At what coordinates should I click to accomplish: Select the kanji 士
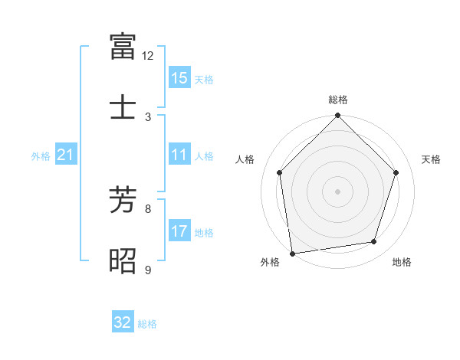(123, 107)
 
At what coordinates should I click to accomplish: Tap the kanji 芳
(123, 200)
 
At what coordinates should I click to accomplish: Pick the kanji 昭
(123, 260)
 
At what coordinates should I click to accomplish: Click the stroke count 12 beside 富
(148, 56)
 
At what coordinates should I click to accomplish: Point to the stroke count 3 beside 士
(148, 116)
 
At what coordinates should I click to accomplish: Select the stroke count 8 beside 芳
(148, 208)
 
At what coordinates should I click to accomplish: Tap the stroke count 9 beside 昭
(148, 270)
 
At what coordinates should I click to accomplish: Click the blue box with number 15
(179, 78)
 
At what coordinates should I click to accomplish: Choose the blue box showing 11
(179, 155)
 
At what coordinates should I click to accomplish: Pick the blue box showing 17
(179, 231)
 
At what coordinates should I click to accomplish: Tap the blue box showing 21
(66, 155)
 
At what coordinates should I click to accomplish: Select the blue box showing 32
(123, 322)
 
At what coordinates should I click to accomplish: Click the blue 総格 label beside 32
(147, 324)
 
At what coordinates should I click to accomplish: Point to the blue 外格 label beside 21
(41, 156)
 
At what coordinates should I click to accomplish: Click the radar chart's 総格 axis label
(338, 100)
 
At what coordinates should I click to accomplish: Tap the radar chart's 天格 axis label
(432, 159)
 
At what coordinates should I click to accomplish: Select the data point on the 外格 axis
(292, 253)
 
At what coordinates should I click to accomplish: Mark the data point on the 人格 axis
(280, 172)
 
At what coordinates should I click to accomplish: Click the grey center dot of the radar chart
(338, 191)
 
